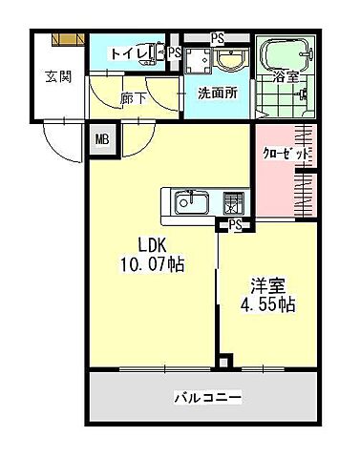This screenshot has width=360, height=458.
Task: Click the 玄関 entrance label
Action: (x=56, y=77)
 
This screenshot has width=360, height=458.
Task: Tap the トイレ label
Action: (x=125, y=53)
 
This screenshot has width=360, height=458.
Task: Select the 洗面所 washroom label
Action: (x=216, y=93)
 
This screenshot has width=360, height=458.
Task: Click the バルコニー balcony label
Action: (x=207, y=395)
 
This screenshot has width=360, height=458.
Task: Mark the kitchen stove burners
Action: (x=233, y=202)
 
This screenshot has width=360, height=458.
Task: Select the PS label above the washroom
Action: (x=218, y=39)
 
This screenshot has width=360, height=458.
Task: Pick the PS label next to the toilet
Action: (x=174, y=53)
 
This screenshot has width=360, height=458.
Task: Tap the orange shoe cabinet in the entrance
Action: (x=69, y=39)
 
